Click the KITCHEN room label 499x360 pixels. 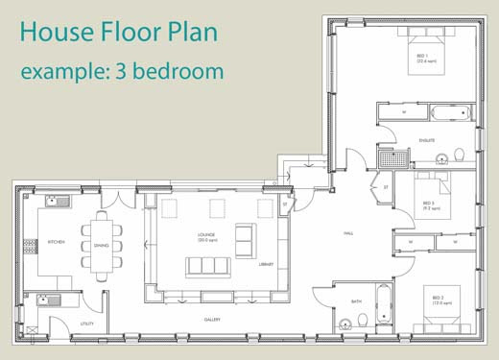(56, 243)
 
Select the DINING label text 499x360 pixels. (101, 246)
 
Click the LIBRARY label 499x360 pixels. (266, 264)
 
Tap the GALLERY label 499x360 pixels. (212, 320)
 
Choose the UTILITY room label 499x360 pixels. (86, 324)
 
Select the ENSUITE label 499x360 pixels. (427, 141)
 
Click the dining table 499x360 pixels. (102, 244)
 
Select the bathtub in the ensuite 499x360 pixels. (450, 112)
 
